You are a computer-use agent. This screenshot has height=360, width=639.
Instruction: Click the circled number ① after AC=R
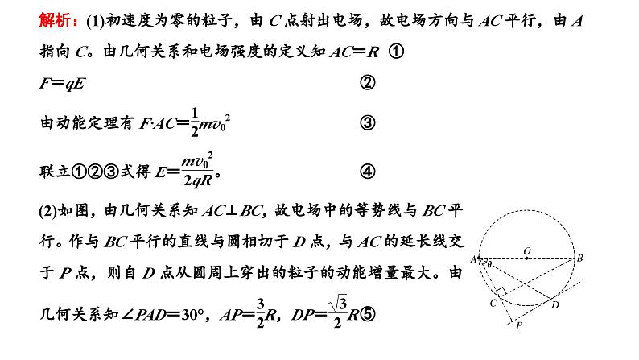(x=395, y=50)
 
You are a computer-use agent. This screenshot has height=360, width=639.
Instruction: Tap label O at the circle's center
(x=526, y=250)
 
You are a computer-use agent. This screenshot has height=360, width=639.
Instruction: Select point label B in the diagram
(x=580, y=259)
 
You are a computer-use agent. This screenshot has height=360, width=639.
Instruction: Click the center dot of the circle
(x=526, y=259)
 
